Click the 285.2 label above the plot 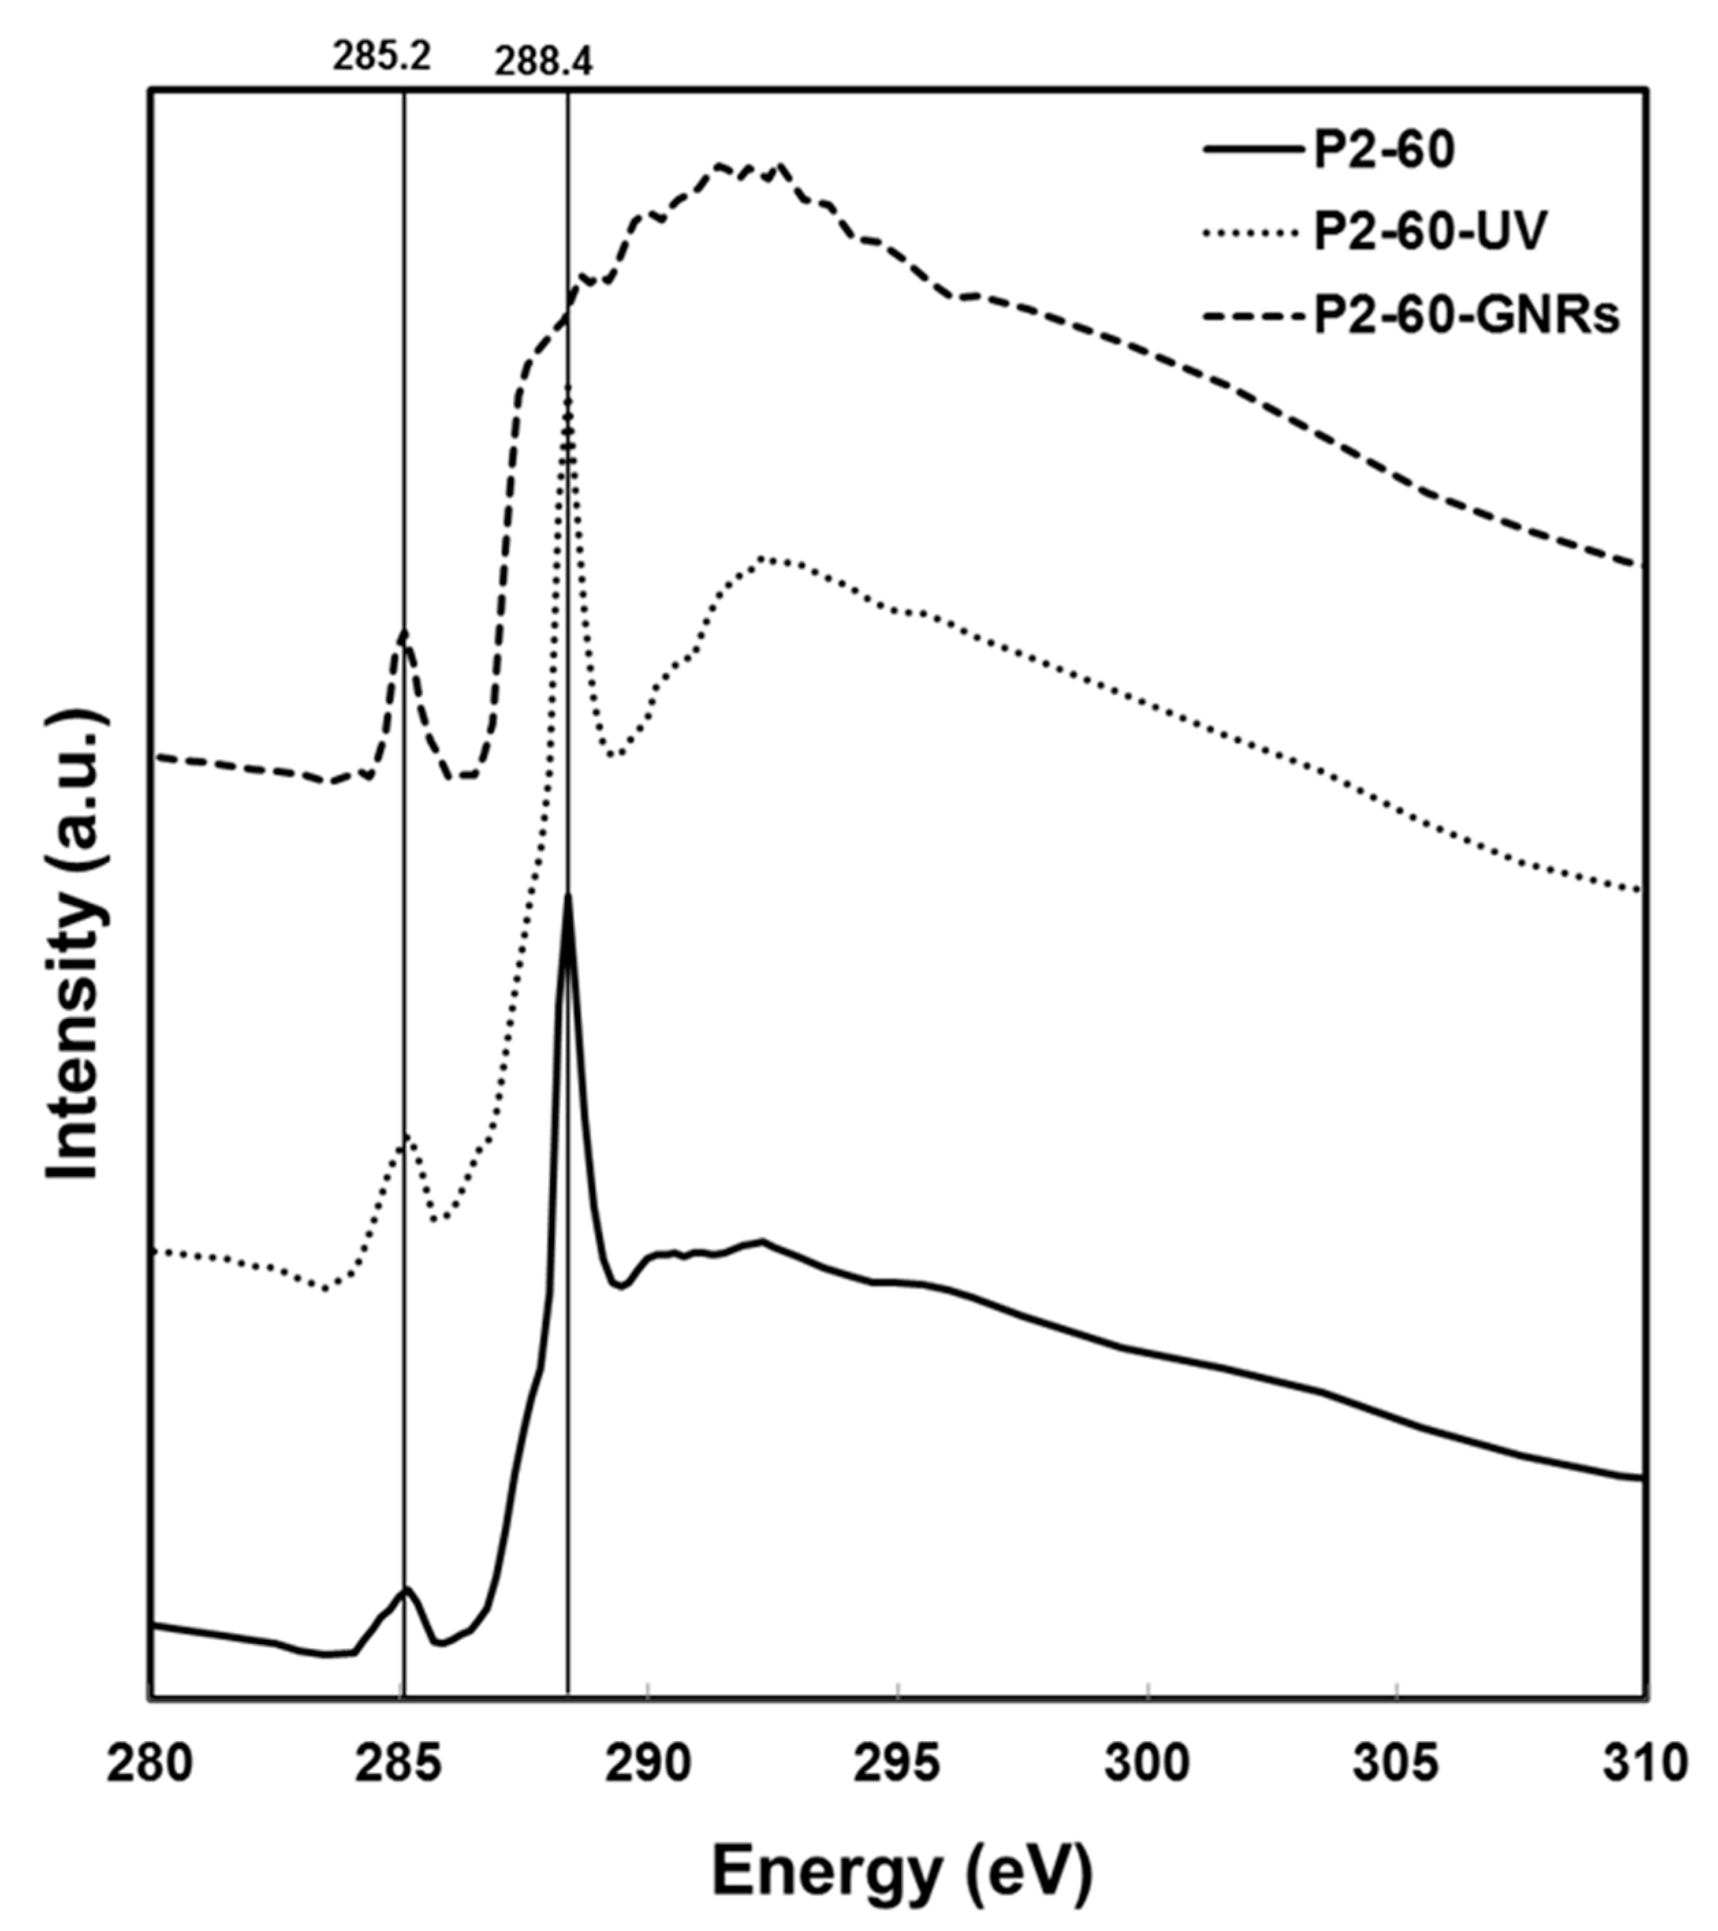pos(382,57)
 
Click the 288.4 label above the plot pos(544,64)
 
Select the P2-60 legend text pos(1385,150)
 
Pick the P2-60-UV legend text pos(1430,232)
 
